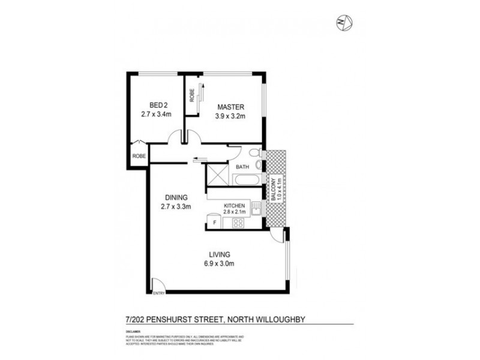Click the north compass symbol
(345, 23)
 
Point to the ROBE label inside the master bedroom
(192, 95)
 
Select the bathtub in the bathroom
(246, 180)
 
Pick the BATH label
(242, 167)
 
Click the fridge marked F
(214, 223)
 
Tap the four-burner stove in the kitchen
(236, 223)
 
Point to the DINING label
(175, 197)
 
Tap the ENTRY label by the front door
(159, 293)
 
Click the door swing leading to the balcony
(277, 236)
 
